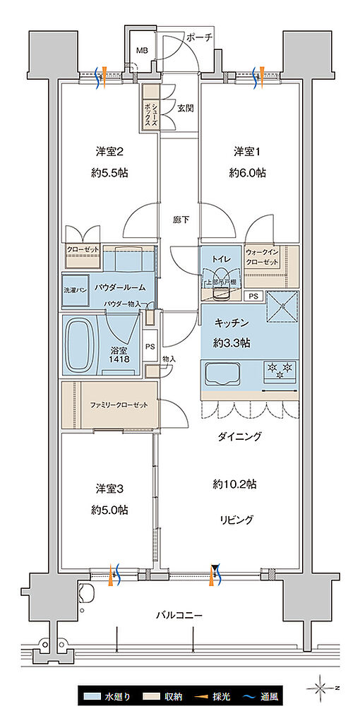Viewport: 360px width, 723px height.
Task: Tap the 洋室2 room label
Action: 110,152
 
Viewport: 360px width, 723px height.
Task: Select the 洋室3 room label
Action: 110,489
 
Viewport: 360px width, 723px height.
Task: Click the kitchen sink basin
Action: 224,373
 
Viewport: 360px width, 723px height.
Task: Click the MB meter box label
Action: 142,51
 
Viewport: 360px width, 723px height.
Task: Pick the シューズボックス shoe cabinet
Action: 150,107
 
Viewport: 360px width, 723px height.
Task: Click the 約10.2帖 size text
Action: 235,484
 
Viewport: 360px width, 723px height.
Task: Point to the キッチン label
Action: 230,323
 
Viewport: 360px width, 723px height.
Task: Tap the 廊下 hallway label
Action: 181,220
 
